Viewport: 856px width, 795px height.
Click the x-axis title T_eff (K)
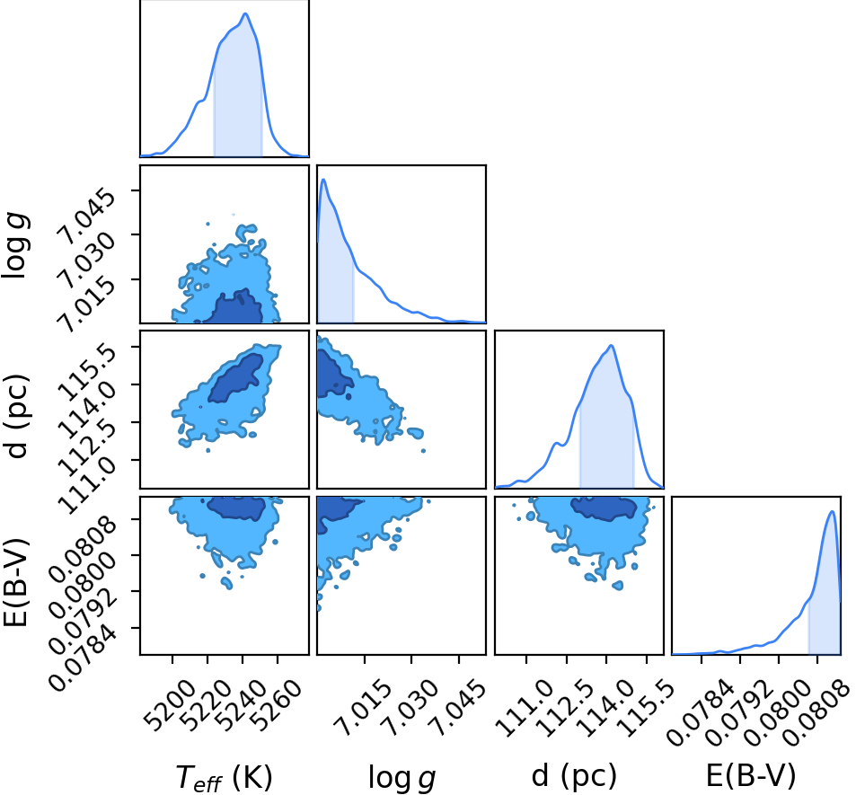pos(224,776)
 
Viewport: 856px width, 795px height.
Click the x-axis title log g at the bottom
pos(402,776)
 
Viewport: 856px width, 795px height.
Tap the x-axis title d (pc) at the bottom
pos(574,775)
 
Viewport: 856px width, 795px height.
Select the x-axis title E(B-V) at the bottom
pos(751,775)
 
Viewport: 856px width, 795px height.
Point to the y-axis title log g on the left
pos(15,246)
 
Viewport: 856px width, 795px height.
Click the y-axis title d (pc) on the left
pos(17,417)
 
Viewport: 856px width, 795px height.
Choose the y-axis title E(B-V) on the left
pos(16,582)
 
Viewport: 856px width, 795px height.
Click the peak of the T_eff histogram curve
pos(245,13)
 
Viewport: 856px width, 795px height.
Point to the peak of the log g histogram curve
pos(323,179)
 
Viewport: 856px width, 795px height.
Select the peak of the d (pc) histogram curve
pos(612,345)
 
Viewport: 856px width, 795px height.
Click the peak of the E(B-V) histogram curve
pos(832,511)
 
